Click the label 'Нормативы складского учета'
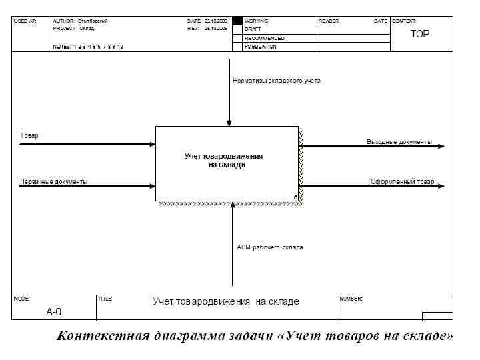coord(276,80)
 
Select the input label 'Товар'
coord(29,136)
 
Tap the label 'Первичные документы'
coord(53,182)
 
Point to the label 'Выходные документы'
coord(399,142)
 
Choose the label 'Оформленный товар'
coord(402,182)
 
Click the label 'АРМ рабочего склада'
coord(270,247)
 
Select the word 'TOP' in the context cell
coord(420,33)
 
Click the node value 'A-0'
coord(54,311)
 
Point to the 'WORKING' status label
coord(257,21)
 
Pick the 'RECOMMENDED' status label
coord(264,39)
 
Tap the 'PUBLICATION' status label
coord(261,47)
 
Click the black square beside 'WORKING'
coord(237,21)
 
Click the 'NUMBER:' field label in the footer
coord(351,299)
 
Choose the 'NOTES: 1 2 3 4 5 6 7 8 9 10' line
coord(88,47)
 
